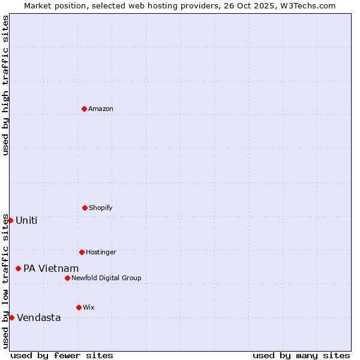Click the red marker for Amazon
85,109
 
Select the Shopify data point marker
85,208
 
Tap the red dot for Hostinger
82,252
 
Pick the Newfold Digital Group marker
67,278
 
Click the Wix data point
79,307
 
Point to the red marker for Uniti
10,220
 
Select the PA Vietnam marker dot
19,268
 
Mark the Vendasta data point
11,317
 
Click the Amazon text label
101,109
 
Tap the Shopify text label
101,208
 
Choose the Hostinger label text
101,252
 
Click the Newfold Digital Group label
106,278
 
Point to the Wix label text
89,307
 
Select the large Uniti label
26,220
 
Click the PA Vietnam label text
51,268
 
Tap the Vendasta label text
39,317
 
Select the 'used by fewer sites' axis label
62,355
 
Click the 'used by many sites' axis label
301,355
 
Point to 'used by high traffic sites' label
5,85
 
